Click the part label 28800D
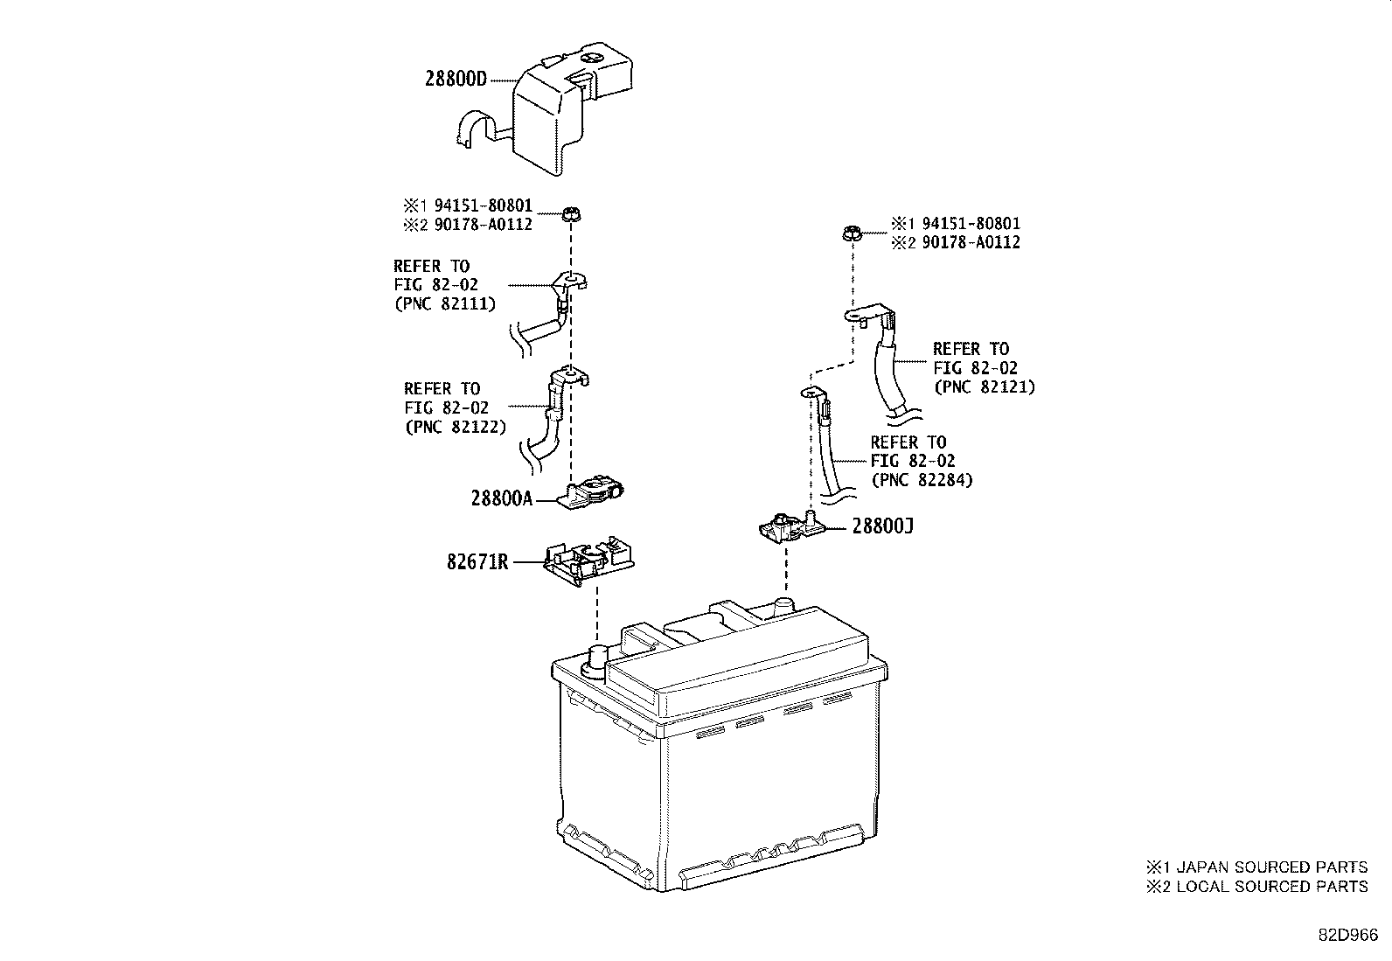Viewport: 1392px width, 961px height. pos(455,78)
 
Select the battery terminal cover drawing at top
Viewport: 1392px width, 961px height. pos(560,114)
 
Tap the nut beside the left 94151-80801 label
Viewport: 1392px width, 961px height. pos(572,214)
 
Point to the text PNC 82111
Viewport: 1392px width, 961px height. pos(445,304)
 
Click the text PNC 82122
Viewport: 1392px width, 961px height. pos(456,428)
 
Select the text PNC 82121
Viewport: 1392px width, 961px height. pos(984,386)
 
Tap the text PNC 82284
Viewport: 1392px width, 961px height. pos(922,480)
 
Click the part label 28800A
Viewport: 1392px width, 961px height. pos(501,498)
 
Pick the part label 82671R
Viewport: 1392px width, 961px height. pos(477,562)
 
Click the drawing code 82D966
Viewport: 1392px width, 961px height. pos(1348,935)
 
